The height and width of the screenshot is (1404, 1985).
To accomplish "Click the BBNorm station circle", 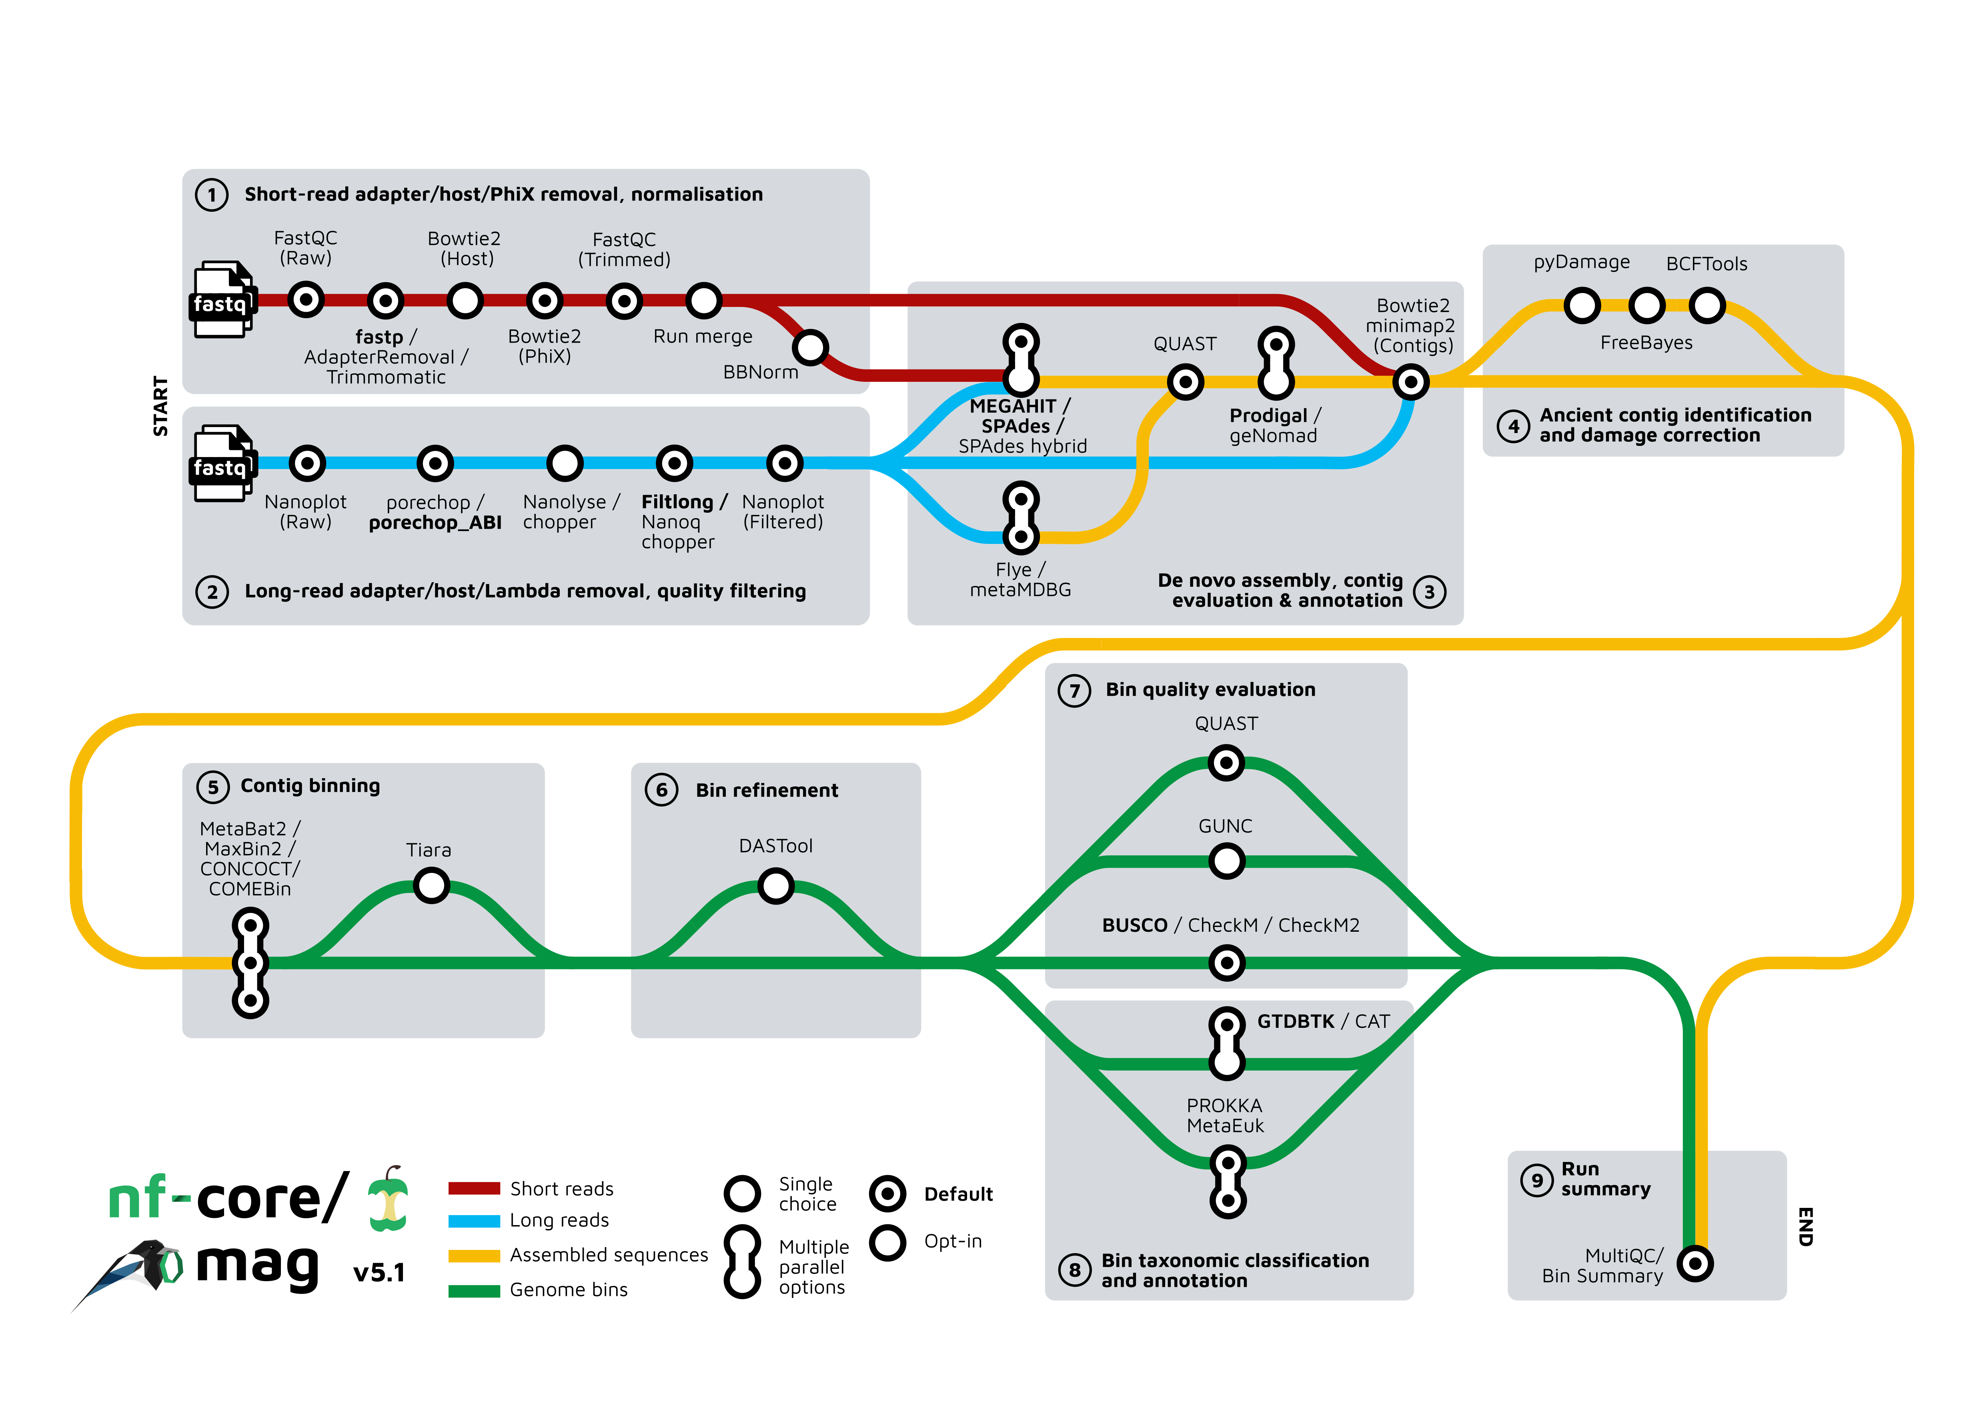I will [810, 347].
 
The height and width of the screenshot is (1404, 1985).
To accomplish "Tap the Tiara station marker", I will [431, 885].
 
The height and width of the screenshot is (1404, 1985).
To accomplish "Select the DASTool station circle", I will [775, 885].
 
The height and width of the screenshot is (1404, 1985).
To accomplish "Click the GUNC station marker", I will [1226, 861].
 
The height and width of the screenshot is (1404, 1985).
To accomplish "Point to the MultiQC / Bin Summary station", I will [1695, 1264].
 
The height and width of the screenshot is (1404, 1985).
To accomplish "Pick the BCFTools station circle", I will [1707, 305].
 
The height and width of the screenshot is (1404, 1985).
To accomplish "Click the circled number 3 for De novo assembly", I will [1429, 592].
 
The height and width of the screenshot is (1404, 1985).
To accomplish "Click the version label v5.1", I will [379, 1273].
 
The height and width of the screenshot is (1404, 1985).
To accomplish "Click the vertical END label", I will [1805, 1226].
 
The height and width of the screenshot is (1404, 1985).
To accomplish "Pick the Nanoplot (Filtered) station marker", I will [784, 463].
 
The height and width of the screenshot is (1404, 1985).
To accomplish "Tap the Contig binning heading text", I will [310, 786].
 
